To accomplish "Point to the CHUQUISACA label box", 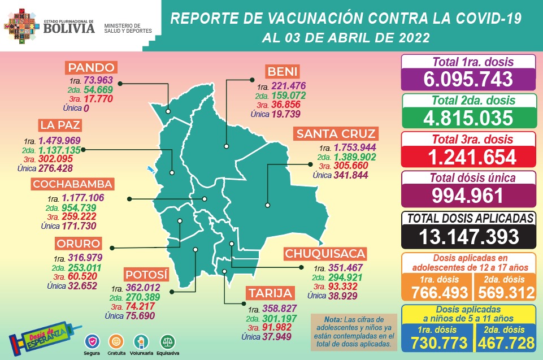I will pos(325,253).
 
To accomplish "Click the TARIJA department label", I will pos(270,293).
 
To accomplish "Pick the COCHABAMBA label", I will pos(73,184).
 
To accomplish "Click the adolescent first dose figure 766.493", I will pos(435,292).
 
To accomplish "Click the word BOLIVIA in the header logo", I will pos(68,27).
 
